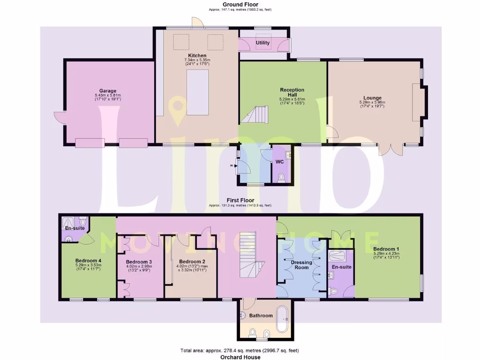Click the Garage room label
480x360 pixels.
coord(107,91)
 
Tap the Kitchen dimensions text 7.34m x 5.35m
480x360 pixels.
coord(197,60)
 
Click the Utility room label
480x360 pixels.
coord(262,43)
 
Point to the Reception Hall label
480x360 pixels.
coord(292,92)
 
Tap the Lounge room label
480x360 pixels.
coord(372,98)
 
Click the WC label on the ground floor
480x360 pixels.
coord(279,162)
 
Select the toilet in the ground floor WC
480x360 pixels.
coord(281,178)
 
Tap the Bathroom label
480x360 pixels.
coord(261,315)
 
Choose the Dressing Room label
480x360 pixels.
coord(301,265)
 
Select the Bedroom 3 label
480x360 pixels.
coord(139,262)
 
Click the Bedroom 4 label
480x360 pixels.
coord(89,261)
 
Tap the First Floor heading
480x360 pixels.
coord(240,200)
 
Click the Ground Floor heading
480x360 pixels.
coord(240,4)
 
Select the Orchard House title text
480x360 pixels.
coord(240,357)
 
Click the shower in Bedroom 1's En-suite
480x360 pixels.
coord(341,256)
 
